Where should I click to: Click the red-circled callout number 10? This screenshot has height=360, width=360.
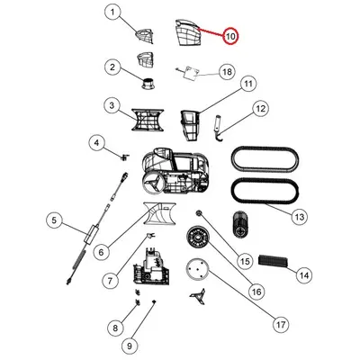[230, 36]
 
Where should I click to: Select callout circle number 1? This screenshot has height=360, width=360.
[112, 13]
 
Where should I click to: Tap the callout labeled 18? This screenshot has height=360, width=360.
[227, 72]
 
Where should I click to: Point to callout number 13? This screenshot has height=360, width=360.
[300, 217]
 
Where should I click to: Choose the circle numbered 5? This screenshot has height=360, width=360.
[54, 220]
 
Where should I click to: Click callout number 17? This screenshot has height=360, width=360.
[281, 324]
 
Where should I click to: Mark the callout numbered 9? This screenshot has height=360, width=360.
[130, 346]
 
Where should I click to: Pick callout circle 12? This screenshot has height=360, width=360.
[260, 109]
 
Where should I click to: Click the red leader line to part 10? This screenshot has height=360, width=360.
[211, 32]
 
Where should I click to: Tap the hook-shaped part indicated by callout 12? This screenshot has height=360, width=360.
[217, 129]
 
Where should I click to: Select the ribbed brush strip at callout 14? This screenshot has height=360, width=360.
[274, 261]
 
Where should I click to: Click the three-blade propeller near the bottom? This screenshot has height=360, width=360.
[197, 294]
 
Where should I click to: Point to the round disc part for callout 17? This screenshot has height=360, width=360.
[197, 270]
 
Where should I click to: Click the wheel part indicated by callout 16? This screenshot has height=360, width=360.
[198, 238]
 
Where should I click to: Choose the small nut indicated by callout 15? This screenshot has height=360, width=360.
[199, 213]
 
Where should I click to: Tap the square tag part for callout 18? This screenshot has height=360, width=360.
[192, 73]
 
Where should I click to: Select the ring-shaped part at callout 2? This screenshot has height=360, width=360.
[149, 82]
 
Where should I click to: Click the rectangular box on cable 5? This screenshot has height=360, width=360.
[92, 233]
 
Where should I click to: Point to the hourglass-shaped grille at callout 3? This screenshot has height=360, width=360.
[148, 120]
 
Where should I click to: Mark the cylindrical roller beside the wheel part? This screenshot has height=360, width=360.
[240, 224]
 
